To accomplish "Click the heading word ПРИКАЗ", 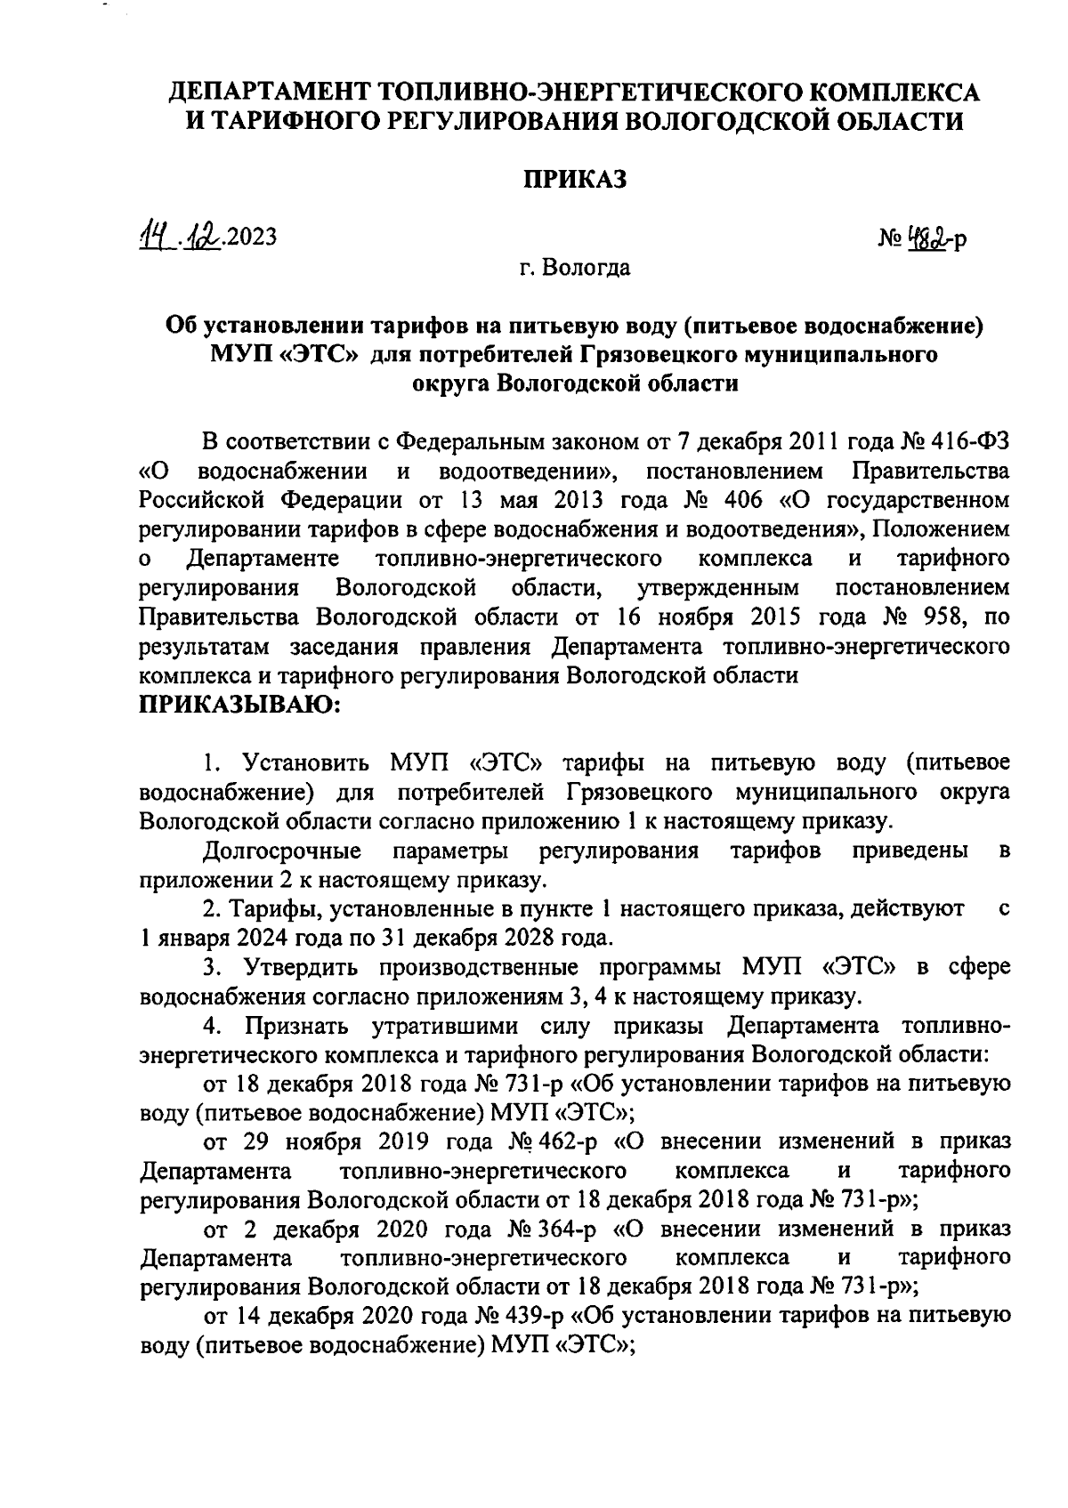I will pos(574,180).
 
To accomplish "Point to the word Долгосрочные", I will pos(282,851).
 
